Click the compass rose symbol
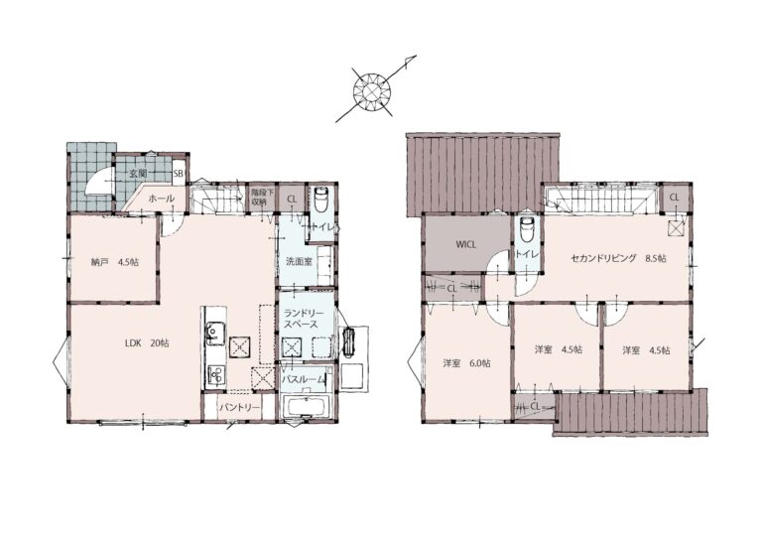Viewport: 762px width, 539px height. [372, 89]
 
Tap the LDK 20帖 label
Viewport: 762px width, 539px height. [147, 343]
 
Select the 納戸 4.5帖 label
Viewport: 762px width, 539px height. [115, 262]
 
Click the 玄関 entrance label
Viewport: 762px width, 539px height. [138, 173]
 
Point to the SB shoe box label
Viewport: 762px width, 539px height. [179, 174]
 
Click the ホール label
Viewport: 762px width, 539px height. [161, 199]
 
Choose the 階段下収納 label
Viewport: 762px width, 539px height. [262, 197]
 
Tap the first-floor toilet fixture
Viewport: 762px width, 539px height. [321, 199]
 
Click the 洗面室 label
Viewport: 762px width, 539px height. [299, 261]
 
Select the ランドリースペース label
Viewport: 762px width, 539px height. [301, 319]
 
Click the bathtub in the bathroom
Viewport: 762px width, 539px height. [307, 407]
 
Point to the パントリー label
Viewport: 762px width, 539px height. [239, 407]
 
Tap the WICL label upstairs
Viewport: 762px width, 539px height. [465, 244]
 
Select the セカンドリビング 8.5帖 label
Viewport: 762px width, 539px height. [618, 258]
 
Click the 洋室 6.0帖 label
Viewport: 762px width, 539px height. [466, 363]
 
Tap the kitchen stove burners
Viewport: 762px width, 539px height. [214, 374]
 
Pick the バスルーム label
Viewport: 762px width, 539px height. [304, 380]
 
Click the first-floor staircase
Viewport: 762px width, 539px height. [216, 198]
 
